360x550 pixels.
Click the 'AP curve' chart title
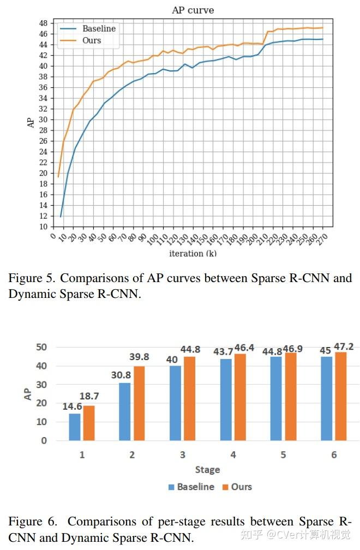click(x=193, y=10)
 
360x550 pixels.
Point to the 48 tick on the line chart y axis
click(x=43, y=23)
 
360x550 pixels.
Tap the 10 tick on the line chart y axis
click(x=43, y=226)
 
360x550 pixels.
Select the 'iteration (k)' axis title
click(x=193, y=253)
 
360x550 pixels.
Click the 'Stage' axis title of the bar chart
click(x=207, y=469)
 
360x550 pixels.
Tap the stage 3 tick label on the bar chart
click(x=182, y=455)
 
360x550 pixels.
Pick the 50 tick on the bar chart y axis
click(x=41, y=347)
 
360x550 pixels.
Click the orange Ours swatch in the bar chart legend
click(x=224, y=487)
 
